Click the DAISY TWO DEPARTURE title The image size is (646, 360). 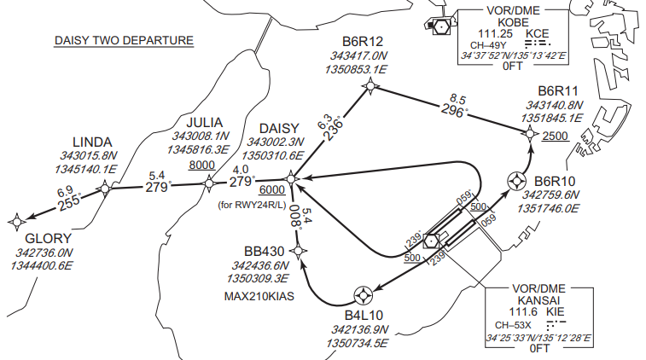[x=124, y=40]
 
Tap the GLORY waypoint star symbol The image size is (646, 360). [x=16, y=222]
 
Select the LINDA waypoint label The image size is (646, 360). [x=92, y=141]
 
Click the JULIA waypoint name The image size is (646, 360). [x=204, y=122]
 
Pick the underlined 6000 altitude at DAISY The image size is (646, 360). [x=271, y=189]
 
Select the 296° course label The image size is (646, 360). [x=454, y=111]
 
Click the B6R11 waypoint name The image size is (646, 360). [x=558, y=91]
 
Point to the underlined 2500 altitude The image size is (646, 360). [x=556, y=136]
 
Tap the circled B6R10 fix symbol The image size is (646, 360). [x=517, y=180]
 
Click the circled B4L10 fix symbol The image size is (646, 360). [x=364, y=295]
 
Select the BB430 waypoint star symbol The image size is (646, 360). [x=298, y=250]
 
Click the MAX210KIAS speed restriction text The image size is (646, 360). [x=260, y=297]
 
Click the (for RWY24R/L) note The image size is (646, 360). [x=252, y=205]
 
